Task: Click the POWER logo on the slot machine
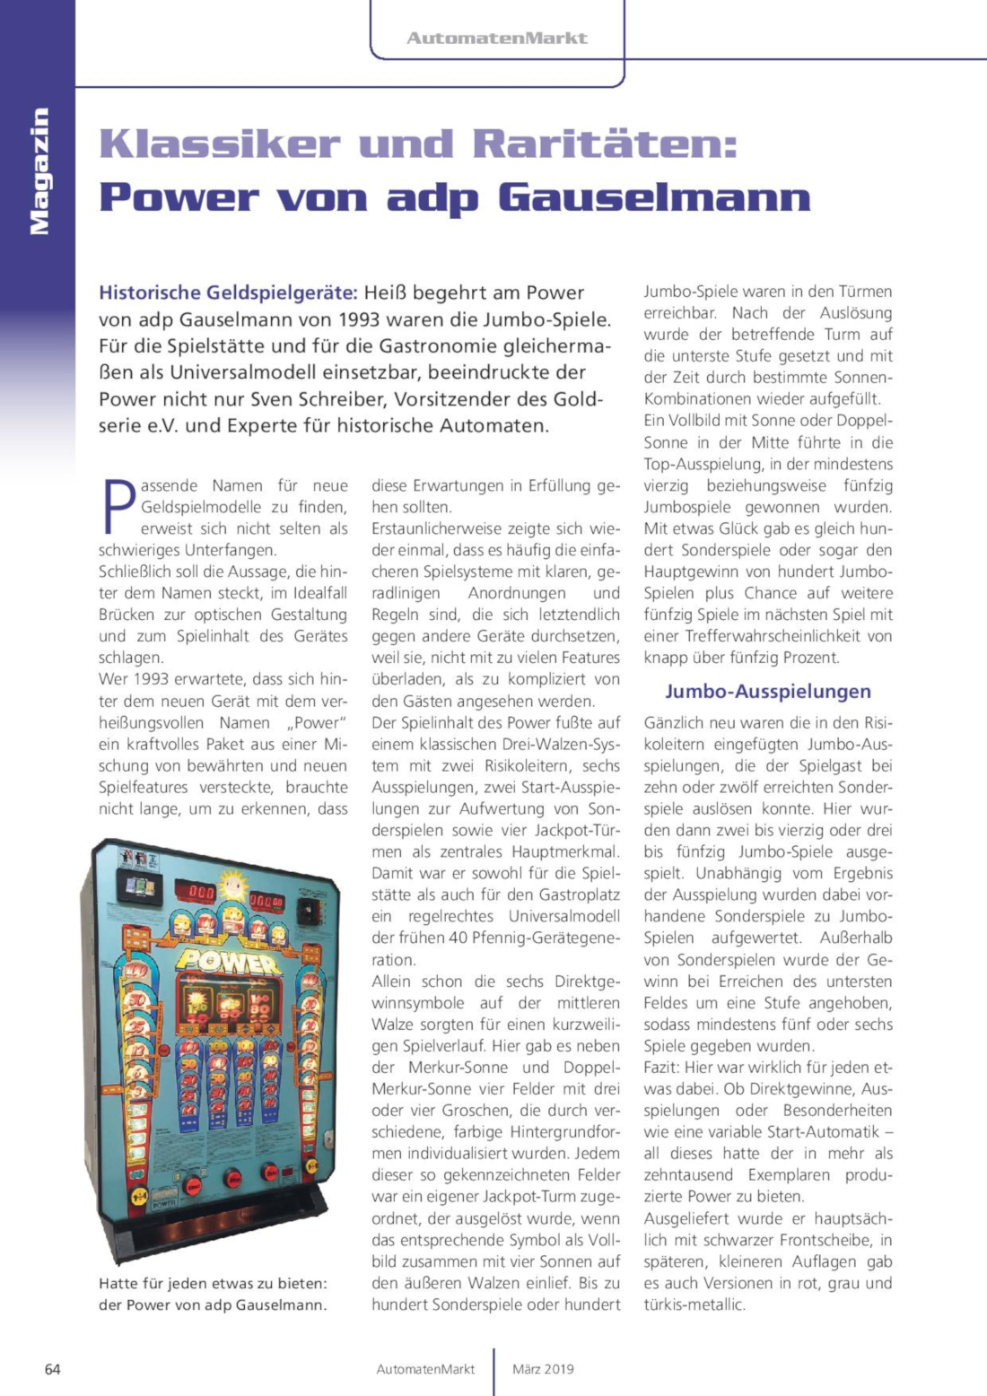[229, 962]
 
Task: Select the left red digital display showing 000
[199, 893]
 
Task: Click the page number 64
[53, 1369]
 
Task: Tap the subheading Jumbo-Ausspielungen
[767, 691]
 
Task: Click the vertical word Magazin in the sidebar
[39, 170]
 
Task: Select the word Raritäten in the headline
[604, 144]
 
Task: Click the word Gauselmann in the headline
[654, 198]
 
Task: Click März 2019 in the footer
[543, 1369]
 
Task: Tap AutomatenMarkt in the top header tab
[496, 38]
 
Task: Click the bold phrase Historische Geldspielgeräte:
[228, 292]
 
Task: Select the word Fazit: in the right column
[662, 1068]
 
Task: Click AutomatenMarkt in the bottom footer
[425, 1369]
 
